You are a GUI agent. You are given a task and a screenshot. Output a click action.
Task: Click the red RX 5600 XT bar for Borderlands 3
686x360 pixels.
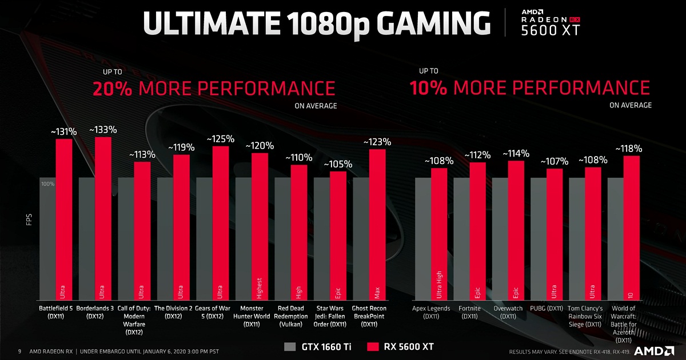[x=103, y=217]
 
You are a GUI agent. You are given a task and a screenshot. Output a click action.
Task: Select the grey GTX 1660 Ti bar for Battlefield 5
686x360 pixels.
[x=47, y=240]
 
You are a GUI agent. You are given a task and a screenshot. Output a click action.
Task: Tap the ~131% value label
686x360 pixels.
[x=63, y=132]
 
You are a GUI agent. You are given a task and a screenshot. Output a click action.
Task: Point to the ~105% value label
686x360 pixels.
[x=338, y=165]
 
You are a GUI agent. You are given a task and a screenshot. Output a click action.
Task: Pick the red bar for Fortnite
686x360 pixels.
[x=477, y=229]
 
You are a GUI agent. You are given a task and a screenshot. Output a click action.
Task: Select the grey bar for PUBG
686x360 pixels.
[x=539, y=240]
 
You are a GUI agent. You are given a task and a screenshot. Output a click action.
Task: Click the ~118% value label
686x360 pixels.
[x=629, y=149]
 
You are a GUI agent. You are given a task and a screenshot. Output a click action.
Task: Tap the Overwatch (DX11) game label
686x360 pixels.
[x=508, y=312]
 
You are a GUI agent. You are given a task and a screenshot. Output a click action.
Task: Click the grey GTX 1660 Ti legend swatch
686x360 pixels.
[x=290, y=347]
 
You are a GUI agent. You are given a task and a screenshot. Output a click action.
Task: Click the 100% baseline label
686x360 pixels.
[x=47, y=184]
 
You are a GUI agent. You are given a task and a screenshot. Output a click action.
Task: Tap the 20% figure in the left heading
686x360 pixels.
[x=113, y=89]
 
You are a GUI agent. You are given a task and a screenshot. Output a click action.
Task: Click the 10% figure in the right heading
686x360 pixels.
[x=428, y=88]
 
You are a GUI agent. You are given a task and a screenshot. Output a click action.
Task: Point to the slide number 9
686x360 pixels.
[x=19, y=351]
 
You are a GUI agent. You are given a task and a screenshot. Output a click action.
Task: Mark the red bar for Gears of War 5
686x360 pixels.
[x=221, y=223]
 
